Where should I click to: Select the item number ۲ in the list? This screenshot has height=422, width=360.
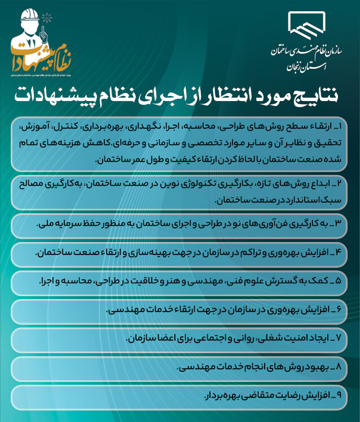pos(343,183)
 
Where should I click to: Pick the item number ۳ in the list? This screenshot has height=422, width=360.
pos(343,223)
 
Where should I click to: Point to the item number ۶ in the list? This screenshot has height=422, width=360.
pos(343,310)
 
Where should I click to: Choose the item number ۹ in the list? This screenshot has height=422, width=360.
pos(343,396)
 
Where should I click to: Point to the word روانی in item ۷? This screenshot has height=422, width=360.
pos(210,339)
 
